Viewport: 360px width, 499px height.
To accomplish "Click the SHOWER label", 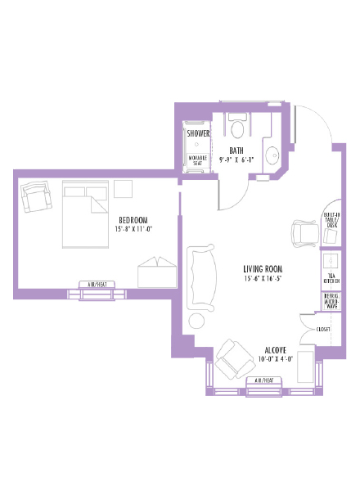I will (198, 133).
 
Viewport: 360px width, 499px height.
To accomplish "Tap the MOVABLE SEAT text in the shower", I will (198, 160).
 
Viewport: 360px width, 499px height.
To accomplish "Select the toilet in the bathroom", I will (238, 126).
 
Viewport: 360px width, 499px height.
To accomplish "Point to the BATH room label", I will (236, 151).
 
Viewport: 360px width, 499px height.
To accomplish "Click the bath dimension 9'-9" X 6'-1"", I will (236, 160).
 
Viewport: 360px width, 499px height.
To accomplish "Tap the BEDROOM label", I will (133, 220).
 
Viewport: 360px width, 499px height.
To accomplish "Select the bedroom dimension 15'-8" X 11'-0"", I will (133, 230).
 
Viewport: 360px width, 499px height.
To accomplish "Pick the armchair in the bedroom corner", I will (36, 196).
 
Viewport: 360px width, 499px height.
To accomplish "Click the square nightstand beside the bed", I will (124, 188).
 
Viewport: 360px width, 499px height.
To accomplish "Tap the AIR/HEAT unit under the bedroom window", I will (97, 284).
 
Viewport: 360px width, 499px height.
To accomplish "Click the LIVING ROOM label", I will (263, 268).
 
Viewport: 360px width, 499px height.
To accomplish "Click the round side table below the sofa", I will (198, 321).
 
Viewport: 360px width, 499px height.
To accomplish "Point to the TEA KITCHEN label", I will (332, 277).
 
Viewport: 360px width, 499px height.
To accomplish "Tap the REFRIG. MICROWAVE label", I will (332, 302).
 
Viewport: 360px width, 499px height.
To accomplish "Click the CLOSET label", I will (324, 329).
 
